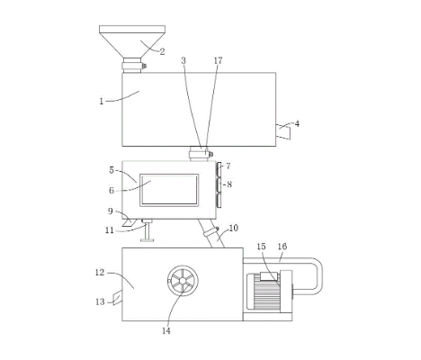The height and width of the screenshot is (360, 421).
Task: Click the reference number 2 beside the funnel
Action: coord(162,51)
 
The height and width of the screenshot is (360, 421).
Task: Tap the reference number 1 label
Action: coord(102,102)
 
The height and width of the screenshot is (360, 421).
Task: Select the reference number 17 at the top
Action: coord(219,60)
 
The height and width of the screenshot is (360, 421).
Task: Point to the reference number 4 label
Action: coord(297,123)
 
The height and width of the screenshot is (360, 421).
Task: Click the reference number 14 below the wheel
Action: coord(166,330)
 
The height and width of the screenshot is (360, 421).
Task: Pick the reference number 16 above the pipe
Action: coord(282,247)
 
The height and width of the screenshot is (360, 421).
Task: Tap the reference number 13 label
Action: coord(100,301)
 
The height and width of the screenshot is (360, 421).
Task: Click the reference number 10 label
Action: coord(233,228)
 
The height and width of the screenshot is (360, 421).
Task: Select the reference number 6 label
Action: coord(112,190)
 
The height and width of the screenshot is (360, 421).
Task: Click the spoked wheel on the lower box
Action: coord(183,281)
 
